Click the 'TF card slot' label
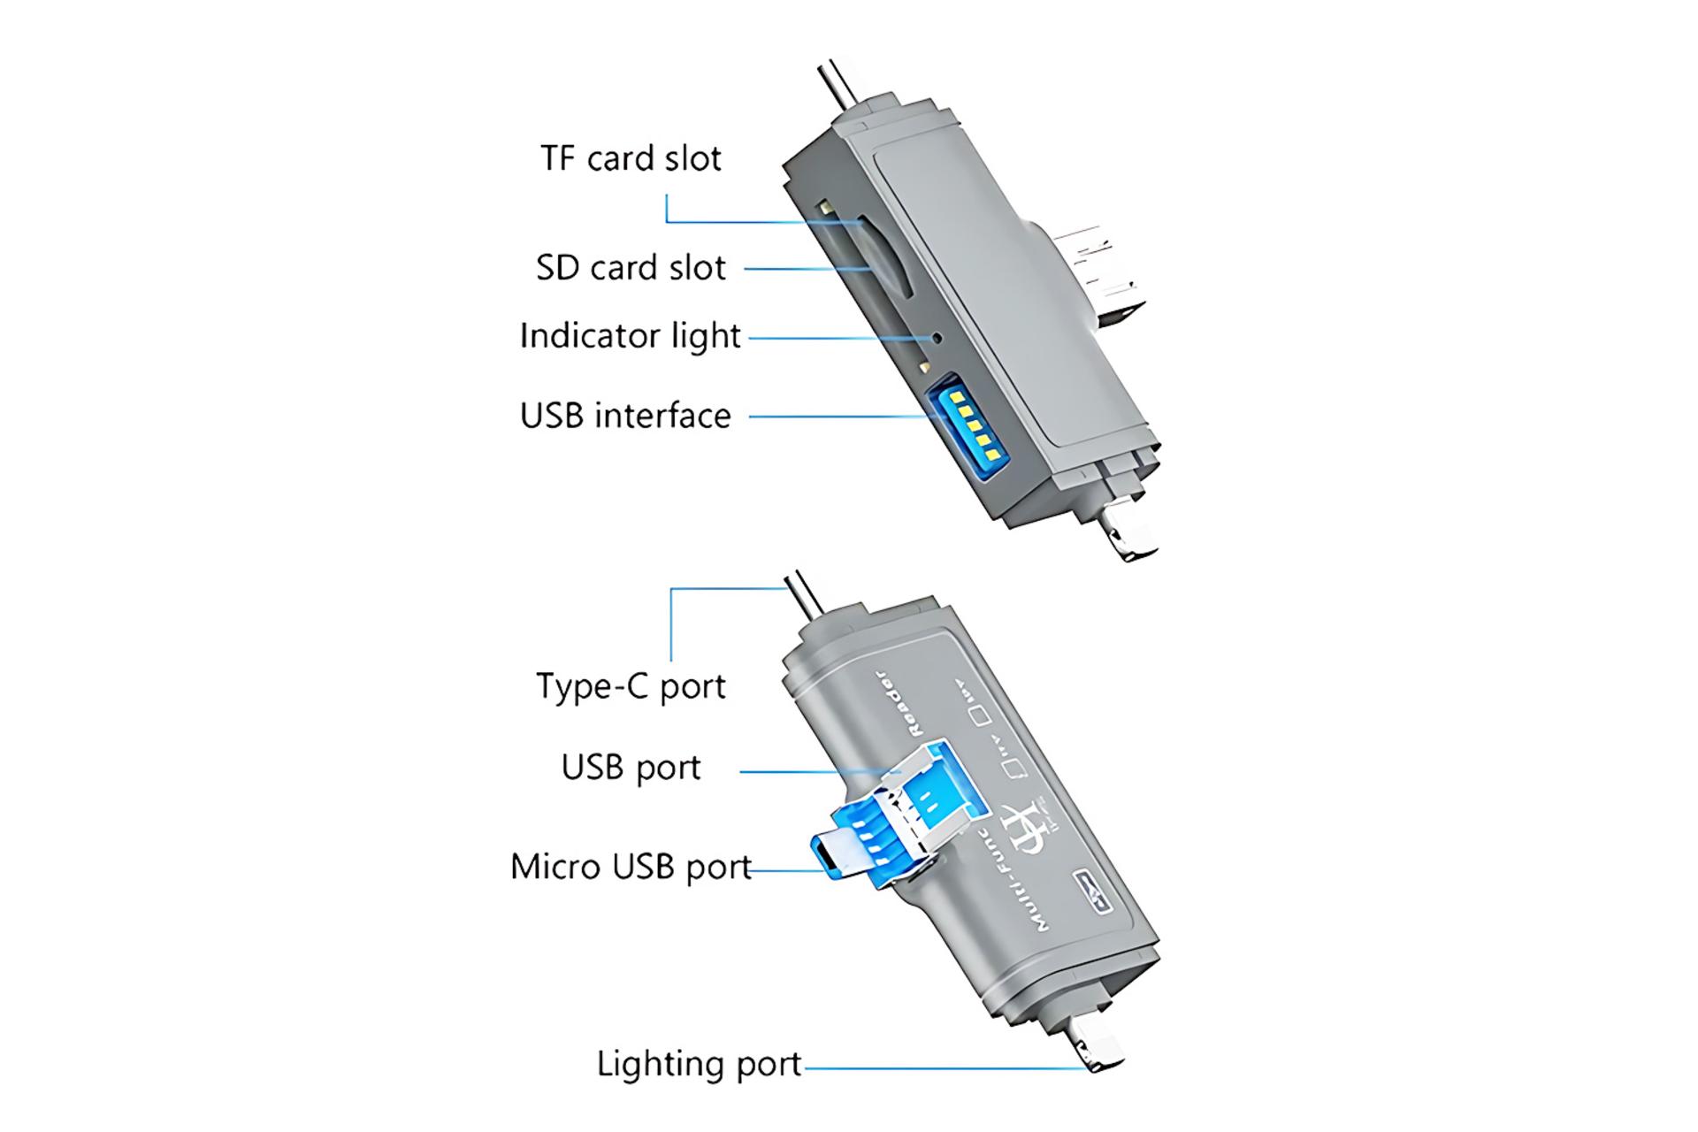[631, 159]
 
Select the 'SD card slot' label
[631, 268]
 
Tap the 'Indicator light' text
[630, 336]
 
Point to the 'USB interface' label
[625, 416]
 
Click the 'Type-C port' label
[631, 686]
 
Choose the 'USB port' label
[631, 768]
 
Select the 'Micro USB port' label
[631, 867]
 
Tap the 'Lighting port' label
[699, 1064]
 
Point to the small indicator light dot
[936, 337]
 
